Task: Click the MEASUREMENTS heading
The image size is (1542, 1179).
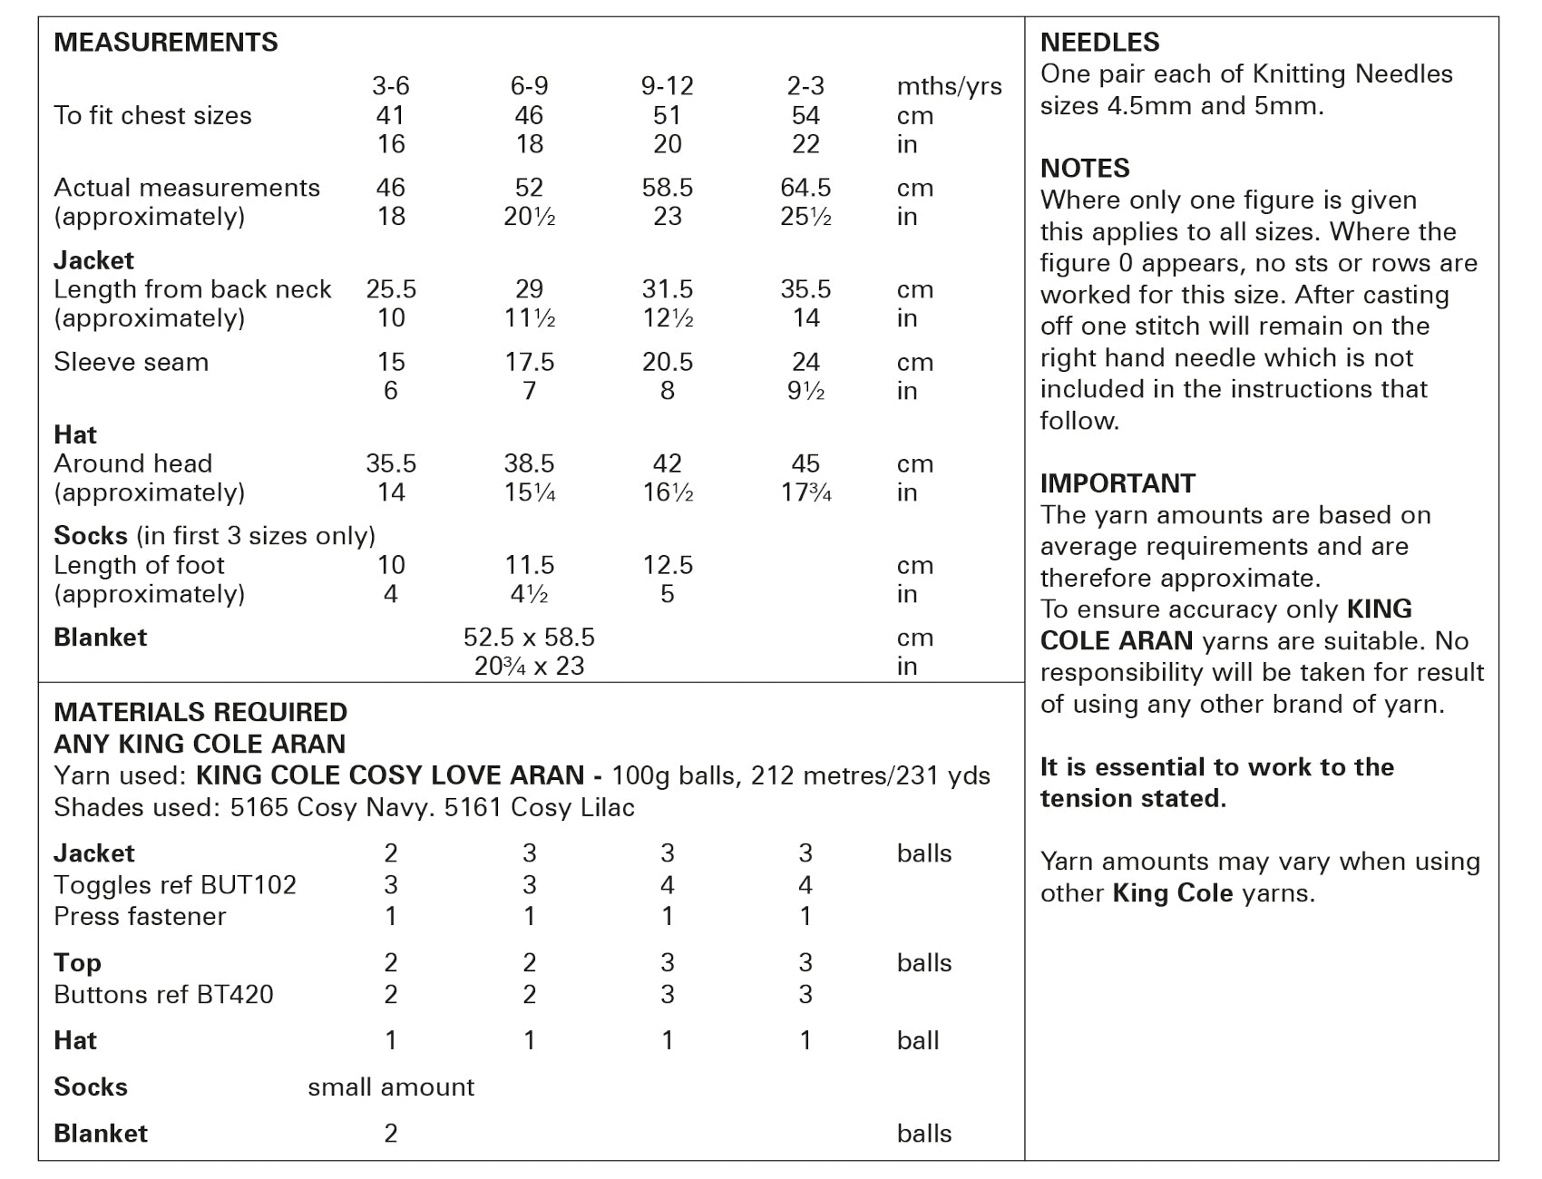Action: [166, 43]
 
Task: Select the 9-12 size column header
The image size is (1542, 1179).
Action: [667, 86]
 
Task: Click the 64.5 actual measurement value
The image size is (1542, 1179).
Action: [805, 188]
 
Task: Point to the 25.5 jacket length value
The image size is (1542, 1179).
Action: [391, 289]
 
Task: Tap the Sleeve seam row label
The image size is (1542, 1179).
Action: [132, 362]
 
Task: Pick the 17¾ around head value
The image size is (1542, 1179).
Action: [805, 492]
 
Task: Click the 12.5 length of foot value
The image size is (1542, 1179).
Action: [667, 565]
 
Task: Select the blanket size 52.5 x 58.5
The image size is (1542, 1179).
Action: [529, 638]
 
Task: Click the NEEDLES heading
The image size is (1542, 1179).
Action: [1099, 43]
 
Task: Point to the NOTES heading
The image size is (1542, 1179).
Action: [1085, 169]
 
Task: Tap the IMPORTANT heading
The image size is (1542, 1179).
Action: [1117, 483]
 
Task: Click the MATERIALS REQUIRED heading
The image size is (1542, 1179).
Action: [200, 712]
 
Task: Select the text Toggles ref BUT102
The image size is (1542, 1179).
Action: [175, 885]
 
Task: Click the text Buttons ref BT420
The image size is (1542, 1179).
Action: [163, 995]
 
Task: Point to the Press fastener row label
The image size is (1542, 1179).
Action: [140, 916]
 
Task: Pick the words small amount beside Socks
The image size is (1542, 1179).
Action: [391, 1087]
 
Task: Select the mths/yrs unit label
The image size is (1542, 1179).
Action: [949, 87]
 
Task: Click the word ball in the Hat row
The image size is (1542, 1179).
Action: [918, 1041]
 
